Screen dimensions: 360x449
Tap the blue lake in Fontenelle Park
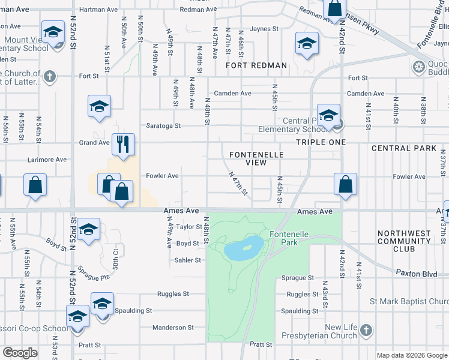pyautogui.click(x=244, y=247)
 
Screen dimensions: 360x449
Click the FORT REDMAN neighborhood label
pyautogui.click(x=256, y=65)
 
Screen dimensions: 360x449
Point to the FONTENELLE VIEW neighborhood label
pyautogui.click(x=256, y=158)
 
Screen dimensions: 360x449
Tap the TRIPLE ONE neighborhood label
pyautogui.click(x=321, y=142)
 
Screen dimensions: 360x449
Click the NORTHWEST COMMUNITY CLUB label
pyautogui.click(x=404, y=241)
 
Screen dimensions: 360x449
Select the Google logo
pyautogui.click(x=20, y=353)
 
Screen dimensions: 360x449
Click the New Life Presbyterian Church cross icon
pyautogui.click(x=367, y=331)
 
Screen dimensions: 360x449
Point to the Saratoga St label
pyautogui.click(x=164, y=126)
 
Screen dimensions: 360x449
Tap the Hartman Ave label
pyautogui.click(x=98, y=10)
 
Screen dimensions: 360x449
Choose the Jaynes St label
pyautogui.click(x=265, y=28)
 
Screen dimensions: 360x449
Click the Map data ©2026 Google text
pyautogui.click(x=412, y=355)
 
